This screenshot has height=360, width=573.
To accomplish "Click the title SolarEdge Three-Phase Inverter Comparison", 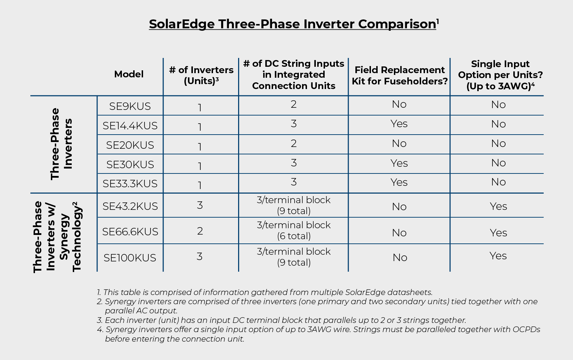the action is coord(294,24).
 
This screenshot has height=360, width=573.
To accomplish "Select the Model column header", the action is coord(129,74).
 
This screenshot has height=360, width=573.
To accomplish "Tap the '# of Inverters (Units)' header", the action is coord(201,75).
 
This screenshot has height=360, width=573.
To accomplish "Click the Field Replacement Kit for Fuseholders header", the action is coord(400,76).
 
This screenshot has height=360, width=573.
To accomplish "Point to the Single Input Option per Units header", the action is coord(500,75).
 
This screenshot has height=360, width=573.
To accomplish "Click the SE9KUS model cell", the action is coord(130,106).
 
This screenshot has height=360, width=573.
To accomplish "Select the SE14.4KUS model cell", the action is coord(130,126).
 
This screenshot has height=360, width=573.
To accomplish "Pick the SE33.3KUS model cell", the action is coord(130,184).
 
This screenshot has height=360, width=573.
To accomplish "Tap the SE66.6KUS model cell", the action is coord(130,232).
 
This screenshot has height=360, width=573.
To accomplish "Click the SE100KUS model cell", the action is coord(130,258).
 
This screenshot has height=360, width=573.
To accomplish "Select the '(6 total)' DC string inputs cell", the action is coord(294,236).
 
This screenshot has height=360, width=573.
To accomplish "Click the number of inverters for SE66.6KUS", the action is coord(200,231).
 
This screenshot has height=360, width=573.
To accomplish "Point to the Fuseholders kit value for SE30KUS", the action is coord(399,163).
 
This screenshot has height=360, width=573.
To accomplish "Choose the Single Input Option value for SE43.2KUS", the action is coord(498,206).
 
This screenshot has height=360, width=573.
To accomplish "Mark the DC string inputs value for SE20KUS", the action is coord(294,143).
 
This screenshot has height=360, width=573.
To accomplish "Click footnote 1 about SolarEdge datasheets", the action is coord(265,292).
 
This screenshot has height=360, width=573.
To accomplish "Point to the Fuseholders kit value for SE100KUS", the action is coord(400,258).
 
